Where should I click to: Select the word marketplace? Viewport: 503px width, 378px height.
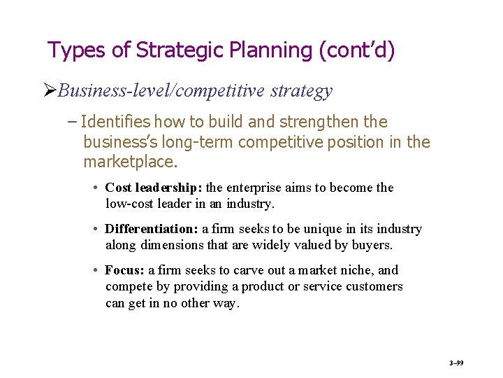pyautogui.click(x=129, y=162)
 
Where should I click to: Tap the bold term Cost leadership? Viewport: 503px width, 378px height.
pyautogui.click(x=154, y=188)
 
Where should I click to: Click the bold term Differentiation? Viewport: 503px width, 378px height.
pyautogui.click(x=152, y=229)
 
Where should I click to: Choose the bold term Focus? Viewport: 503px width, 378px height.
pyautogui.click(x=124, y=270)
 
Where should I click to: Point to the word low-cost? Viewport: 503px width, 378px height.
pyautogui.click(x=129, y=204)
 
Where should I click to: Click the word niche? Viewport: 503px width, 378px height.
pyautogui.click(x=359, y=270)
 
